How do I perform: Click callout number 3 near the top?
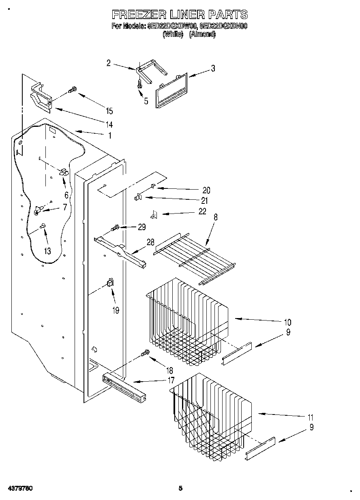213,68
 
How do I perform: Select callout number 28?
150,242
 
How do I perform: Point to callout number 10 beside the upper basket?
287,323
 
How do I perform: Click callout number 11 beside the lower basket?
310,417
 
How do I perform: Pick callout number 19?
116,310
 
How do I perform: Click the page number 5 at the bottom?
181,488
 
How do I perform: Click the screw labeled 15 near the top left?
72,90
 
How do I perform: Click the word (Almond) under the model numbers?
203,35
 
